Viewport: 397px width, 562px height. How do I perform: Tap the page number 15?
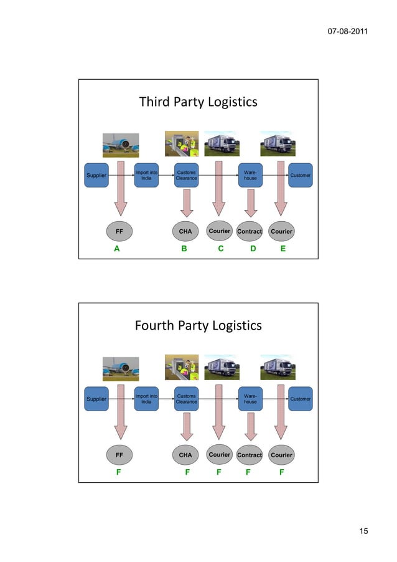click(x=363, y=531)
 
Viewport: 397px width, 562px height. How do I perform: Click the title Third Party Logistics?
click(x=198, y=102)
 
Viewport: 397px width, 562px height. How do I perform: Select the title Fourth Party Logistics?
click(x=198, y=326)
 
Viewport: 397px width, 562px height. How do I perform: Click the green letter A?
click(x=116, y=249)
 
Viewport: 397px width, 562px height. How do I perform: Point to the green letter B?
click(x=184, y=249)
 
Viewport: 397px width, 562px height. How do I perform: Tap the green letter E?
click(x=283, y=249)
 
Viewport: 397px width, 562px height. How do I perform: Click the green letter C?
click(x=220, y=249)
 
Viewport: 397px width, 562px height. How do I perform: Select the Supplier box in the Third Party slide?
click(x=96, y=175)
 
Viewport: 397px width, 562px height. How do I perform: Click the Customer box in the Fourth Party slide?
click(x=301, y=399)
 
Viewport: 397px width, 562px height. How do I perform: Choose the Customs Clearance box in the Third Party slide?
click(x=186, y=175)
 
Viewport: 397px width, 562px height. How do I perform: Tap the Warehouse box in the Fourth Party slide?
click(x=250, y=399)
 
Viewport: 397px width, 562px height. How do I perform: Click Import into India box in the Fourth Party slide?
click(x=146, y=399)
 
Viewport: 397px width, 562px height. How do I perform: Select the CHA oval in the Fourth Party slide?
click(x=185, y=455)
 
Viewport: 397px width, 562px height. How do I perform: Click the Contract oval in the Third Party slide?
click(x=250, y=231)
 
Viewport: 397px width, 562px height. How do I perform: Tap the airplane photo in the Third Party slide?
click(x=121, y=145)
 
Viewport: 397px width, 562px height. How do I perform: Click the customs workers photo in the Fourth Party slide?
click(x=181, y=368)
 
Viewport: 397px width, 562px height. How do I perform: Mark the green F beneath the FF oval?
click(x=119, y=473)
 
